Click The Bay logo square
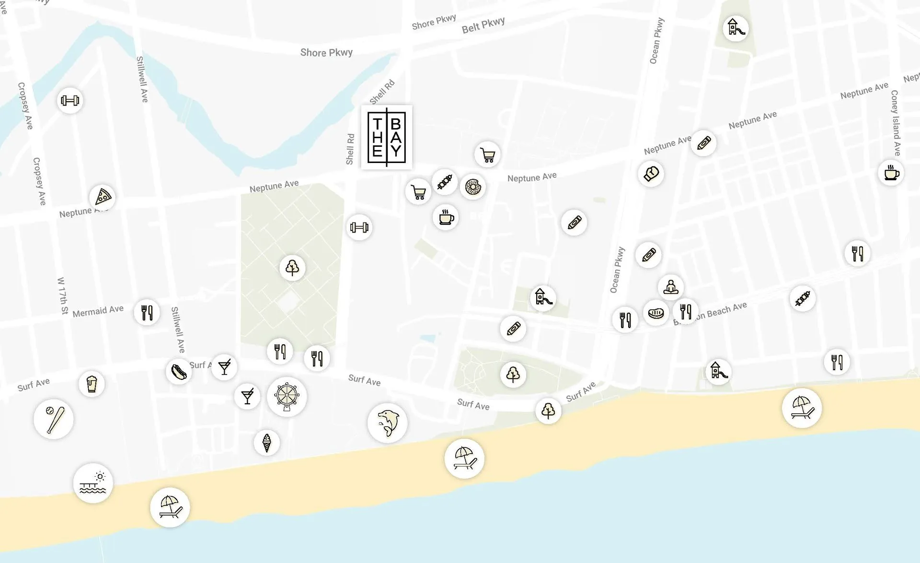(x=387, y=137)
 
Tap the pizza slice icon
(x=103, y=197)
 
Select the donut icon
(x=472, y=187)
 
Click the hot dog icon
(x=179, y=371)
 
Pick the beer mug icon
(x=92, y=384)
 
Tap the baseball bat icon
(x=53, y=419)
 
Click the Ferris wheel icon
(x=287, y=397)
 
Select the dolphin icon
(x=387, y=422)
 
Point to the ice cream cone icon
(x=267, y=443)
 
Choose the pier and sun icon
(x=93, y=483)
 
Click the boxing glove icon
(x=651, y=174)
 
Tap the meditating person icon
(x=670, y=287)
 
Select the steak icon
(x=655, y=313)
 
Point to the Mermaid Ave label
(x=98, y=311)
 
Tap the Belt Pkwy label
(x=483, y=25)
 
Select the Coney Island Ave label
(x=896, y=123)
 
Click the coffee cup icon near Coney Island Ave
(x=891, y=173)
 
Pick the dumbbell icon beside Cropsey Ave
(x=70, y=101)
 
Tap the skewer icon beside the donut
(x=444, y=181)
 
